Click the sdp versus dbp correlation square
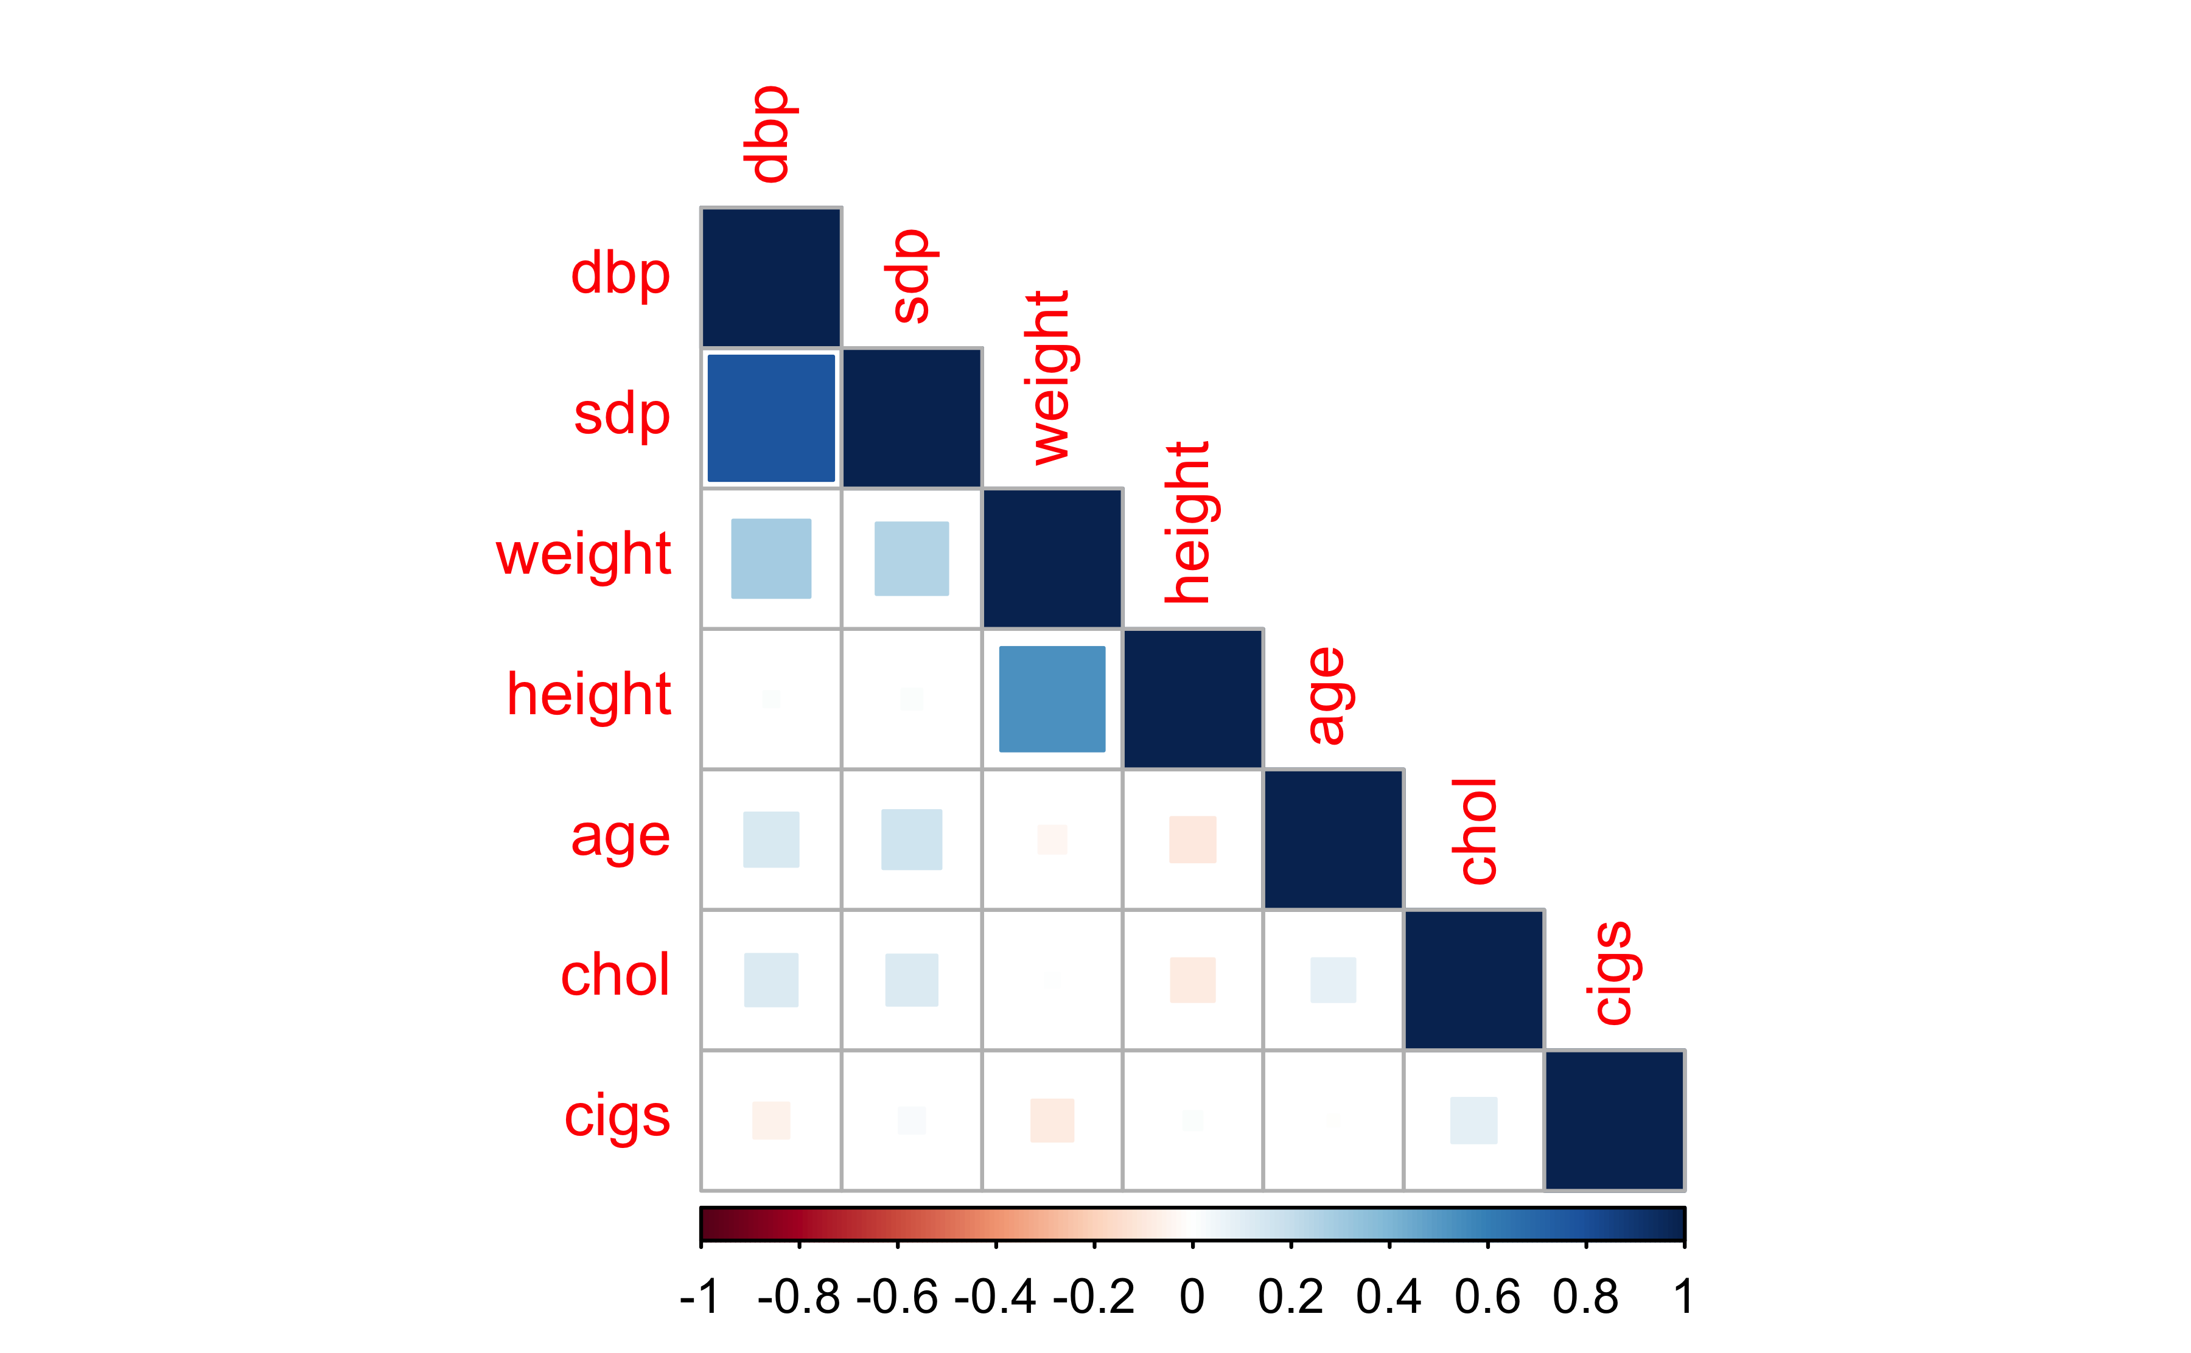pyautogui.click(x=771, y=418)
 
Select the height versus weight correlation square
pyautogui.click(x=1052, y=699)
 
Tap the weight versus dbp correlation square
pyautogui.click(x=771, y=558)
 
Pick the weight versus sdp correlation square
pyautogui.click(x=911, y=558)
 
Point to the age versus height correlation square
pyautogui.click(x=1192, y=840)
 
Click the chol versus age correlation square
pyautogui.click(x=1333, y=980)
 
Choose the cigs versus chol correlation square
pyautogui.click(x=1473, y=1121)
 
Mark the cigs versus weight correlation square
pyautogui.click(x=1052, y=1121)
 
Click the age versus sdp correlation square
pyautogui.click(x=911, y=840)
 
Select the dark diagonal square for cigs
pyautogui.click(x=1615, y=1121)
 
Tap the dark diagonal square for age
pyautogui.click(x=1333, y=840)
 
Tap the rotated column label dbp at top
pyautogui.click(x=768, y=134)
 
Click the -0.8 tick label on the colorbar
pyautogui.click(x=798, y=1296)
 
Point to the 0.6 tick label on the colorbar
pyautogui.click(x=1487, y=1296)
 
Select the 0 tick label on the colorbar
pyautogui.click(x=1192, y=1296)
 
